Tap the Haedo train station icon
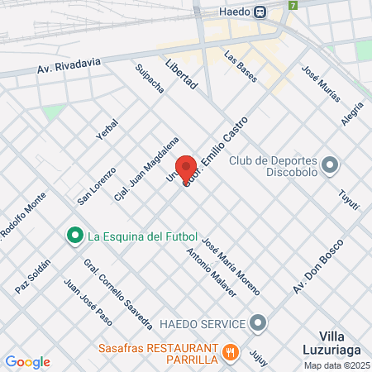point(260,12)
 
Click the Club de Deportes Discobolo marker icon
point(330,166)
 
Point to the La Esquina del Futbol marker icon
point(74,237)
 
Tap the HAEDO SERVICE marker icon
point(259,322)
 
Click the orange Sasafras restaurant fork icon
point(231,353)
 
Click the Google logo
point(27,362)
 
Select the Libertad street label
point(181,74)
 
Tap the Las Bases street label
point(241,69)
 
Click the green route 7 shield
point(292,5)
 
